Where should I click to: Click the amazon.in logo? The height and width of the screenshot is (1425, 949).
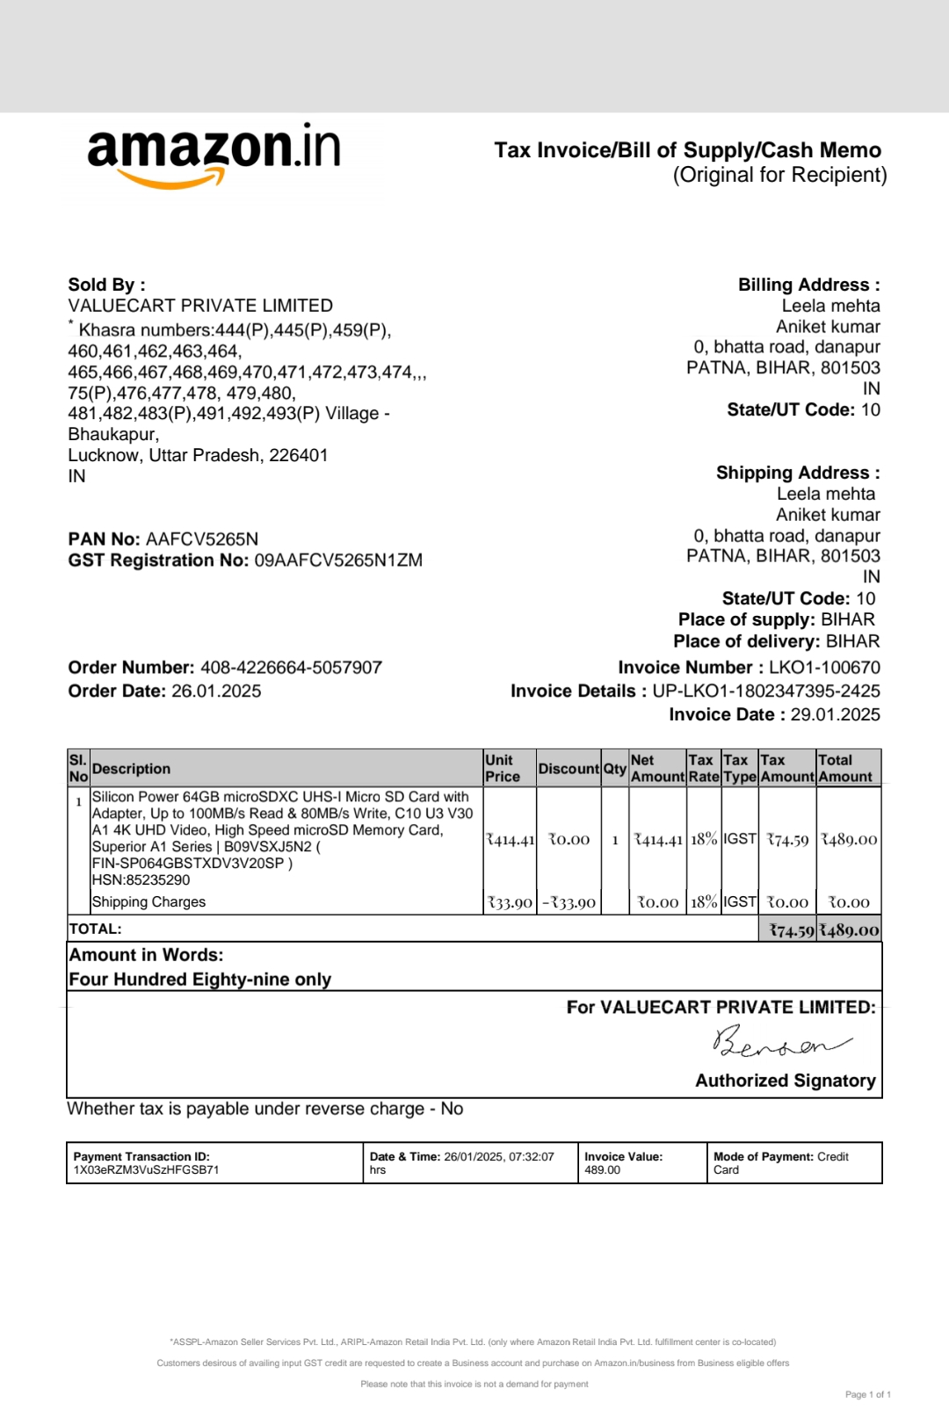tap(214, 154)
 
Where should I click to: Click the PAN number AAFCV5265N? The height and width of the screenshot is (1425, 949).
tap(202, 539)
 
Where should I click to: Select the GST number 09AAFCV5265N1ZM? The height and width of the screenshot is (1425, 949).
tap(338, 561)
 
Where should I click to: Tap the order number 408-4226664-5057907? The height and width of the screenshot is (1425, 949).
tap(291, 668)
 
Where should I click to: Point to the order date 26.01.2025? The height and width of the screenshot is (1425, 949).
tap(216, 691)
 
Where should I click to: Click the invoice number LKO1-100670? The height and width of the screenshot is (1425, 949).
tap(824, 668)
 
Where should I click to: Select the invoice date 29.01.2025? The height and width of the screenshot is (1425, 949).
tap(835, 715)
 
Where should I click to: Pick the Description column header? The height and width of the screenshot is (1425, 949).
tap(131, 769)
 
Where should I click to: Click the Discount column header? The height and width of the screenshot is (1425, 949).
tap(569, 769)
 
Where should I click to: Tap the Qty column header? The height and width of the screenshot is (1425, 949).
tap(614, 769)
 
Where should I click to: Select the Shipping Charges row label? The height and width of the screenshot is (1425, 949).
tap(149, 902)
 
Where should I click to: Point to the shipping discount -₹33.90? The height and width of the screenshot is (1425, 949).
tap(569, 902)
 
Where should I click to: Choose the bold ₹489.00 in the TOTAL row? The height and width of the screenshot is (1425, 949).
tap(849, 930)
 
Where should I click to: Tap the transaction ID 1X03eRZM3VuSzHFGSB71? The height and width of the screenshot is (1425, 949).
tap(146, 1170)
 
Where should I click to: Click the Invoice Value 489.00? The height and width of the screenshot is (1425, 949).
tap(602, 1170)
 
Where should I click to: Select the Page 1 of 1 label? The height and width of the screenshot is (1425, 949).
tap(867, 1394)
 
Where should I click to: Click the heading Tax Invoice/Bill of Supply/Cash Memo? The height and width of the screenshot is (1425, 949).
tap(687, 150)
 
